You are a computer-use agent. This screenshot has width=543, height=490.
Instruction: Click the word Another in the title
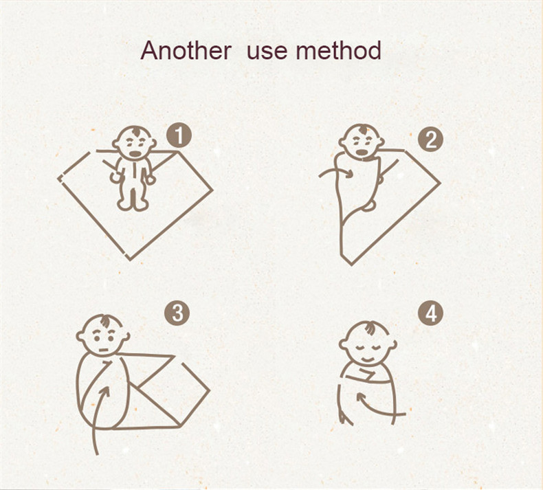pyautogui.click(x=186, y=51)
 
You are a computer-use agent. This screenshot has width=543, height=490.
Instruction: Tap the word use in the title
pyautogui.click(x=267, y=52)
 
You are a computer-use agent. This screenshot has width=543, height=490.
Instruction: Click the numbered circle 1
pyautogui.click(x=179, y=136)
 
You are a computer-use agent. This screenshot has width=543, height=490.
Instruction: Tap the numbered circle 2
pyautogui.click(x=430, y=140)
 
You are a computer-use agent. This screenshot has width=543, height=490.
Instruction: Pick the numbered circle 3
pyautogui.click(x=177, y=313)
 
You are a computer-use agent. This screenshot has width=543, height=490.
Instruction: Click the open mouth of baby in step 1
pyautogui.click(x=134, y=153)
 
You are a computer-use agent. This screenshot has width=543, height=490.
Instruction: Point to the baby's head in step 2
pyautogui.click(x=361, y=141)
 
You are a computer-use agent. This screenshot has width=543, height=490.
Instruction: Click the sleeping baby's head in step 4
pyautogui.click(x=368, y=344)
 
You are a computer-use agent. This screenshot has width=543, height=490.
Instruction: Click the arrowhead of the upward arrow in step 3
pyautogui.click(x=105, y=392)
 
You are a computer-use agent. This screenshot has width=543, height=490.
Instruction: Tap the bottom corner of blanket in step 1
pyautogui.click(x=130, y=259)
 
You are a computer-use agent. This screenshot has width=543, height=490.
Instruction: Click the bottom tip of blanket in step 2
pyautogui.click(x=351, y=265)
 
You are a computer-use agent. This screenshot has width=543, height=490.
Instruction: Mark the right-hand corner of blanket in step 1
pyautogui.click(x=212, y=190)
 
